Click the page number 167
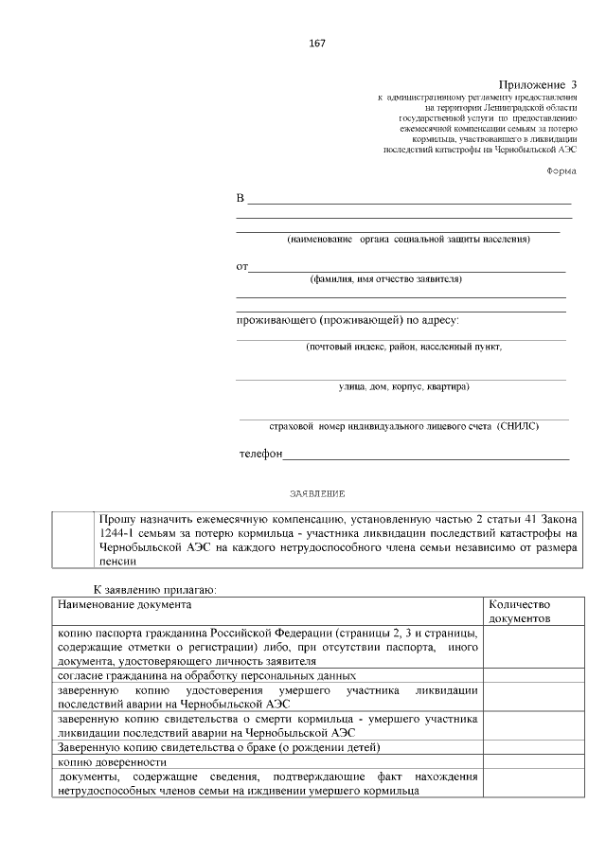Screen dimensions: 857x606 [317, 44]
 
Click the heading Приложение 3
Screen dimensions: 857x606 [537, 85]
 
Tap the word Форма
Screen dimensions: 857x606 [561, 170]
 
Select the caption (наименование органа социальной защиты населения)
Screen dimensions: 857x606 [408, 240]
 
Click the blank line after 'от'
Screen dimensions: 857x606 [407, 270]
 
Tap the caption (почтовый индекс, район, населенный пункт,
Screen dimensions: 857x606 [403, 347]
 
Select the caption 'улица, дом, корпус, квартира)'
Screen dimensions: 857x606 [403, 386]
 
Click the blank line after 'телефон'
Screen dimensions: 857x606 [426, 456]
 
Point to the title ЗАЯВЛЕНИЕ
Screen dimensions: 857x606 [317, 494]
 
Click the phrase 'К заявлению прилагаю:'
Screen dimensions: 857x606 [154, 589]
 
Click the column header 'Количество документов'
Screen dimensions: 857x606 [519, 610]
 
